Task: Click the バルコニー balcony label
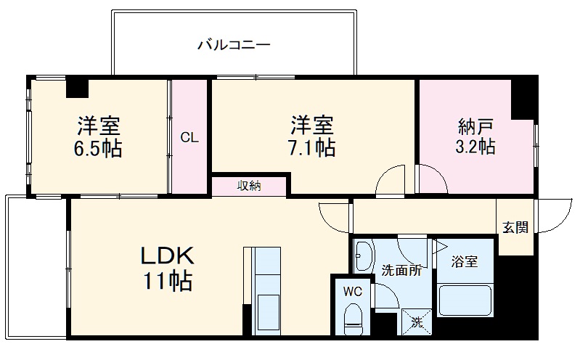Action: click(x=234, y=45)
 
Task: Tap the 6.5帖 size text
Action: click(x=99, y=150)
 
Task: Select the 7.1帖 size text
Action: click(x=313, y=148)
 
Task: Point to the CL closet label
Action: click(x=189, y=137)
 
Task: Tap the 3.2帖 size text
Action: click(x=476, y=147)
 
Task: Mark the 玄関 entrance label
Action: click(x=516, y=227)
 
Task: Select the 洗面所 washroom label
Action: click(x=401, y=271)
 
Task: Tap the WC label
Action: click(x=352, y=291)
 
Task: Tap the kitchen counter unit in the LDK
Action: click(x=266, y=290)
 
